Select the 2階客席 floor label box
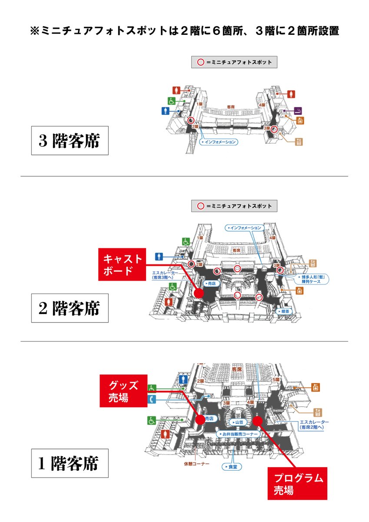click(x=70, y=308)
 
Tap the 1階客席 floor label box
click(x=70, y=463)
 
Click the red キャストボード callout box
click(x=122, y=265)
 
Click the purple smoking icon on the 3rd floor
click(x=299, y=110)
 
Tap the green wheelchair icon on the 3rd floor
click(x=171, y=101)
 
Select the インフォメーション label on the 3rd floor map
click(x=219, y=142)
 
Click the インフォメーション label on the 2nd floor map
click(x=245, y=228)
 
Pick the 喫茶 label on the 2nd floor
click(x=284, y=312)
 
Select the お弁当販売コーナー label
click(x=238, y=434)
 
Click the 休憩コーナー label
click(x=196, y=464)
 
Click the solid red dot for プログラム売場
click(x=257, y=420)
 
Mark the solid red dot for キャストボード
click(x=199, y=294)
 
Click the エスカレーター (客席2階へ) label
click(x=314, y=425)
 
